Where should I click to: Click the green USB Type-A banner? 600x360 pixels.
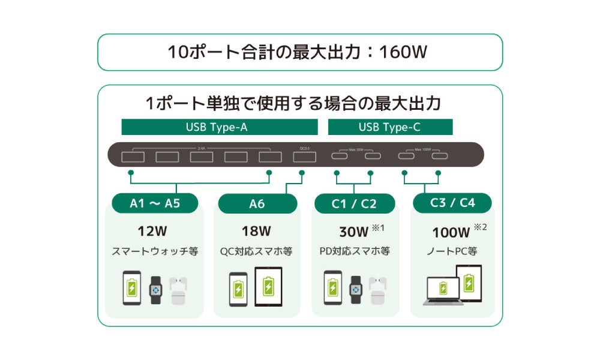click(220, 127)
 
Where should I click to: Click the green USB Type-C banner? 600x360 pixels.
click(390, 127)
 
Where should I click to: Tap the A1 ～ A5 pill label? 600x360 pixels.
click(155, 203)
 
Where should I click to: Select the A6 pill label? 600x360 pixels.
click(257, 203)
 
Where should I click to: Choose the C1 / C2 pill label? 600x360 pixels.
click(354, 203)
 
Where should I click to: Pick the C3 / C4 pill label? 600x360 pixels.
click(452, 203)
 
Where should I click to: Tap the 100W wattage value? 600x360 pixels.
click(450, 232)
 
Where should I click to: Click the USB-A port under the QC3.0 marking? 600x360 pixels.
click(305, 157)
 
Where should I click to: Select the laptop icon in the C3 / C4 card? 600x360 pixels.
click(443, 291)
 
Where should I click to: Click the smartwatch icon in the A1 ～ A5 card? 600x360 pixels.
click(156, 289)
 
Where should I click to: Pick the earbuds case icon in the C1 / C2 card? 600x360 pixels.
click(377, 291)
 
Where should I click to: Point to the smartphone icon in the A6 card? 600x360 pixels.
click(238, 289)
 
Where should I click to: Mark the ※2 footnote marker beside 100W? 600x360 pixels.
click(481, 227)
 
